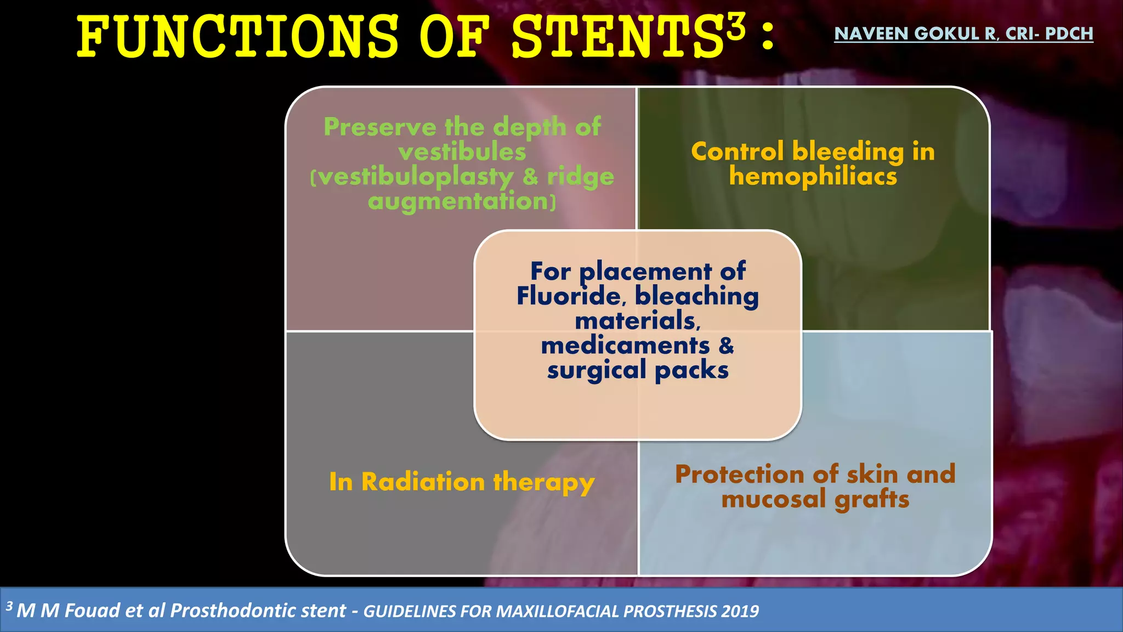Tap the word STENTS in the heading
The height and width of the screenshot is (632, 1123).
click(617, 37)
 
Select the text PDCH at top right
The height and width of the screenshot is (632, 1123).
click(1069, 34)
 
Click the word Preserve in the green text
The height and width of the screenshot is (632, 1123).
click(379, 127)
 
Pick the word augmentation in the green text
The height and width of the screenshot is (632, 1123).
click(458, 201)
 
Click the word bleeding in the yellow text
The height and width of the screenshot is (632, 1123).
click(848, 152)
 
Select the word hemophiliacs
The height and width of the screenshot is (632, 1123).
click(813, 177)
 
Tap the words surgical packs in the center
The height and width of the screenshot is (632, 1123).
click(637, 370)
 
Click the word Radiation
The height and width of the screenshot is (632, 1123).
click(423, 482)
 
